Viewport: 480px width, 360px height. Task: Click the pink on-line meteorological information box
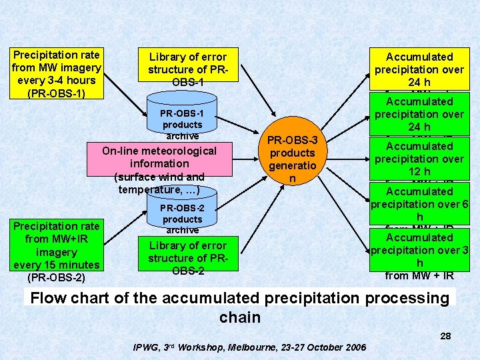159,169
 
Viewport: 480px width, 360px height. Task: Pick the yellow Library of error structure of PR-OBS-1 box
187,69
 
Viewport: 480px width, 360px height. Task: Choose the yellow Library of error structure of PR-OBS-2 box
187,257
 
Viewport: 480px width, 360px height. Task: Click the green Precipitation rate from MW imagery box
57,73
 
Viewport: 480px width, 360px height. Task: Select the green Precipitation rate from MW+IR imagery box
57,245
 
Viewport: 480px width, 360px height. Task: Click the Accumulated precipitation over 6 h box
420,204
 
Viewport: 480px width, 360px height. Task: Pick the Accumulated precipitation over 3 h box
420,250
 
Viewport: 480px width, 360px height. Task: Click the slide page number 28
445,336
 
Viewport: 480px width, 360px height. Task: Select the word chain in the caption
240,317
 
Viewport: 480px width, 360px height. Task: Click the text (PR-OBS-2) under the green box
56,277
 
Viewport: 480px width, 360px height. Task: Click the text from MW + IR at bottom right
419,275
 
